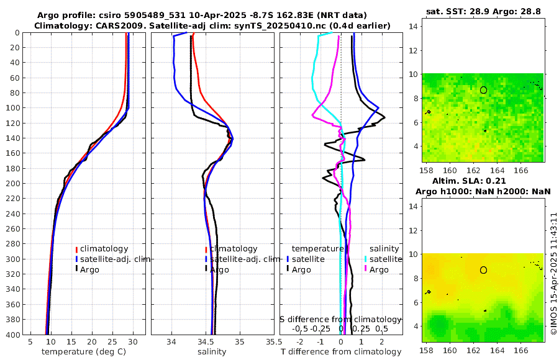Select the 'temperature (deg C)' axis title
pos(85,352)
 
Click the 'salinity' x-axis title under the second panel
pos(212,352)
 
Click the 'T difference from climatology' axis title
pos(340,352)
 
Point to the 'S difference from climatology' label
pos(340,319)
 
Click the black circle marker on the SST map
pos(483,90)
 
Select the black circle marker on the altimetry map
pos(483,270)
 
